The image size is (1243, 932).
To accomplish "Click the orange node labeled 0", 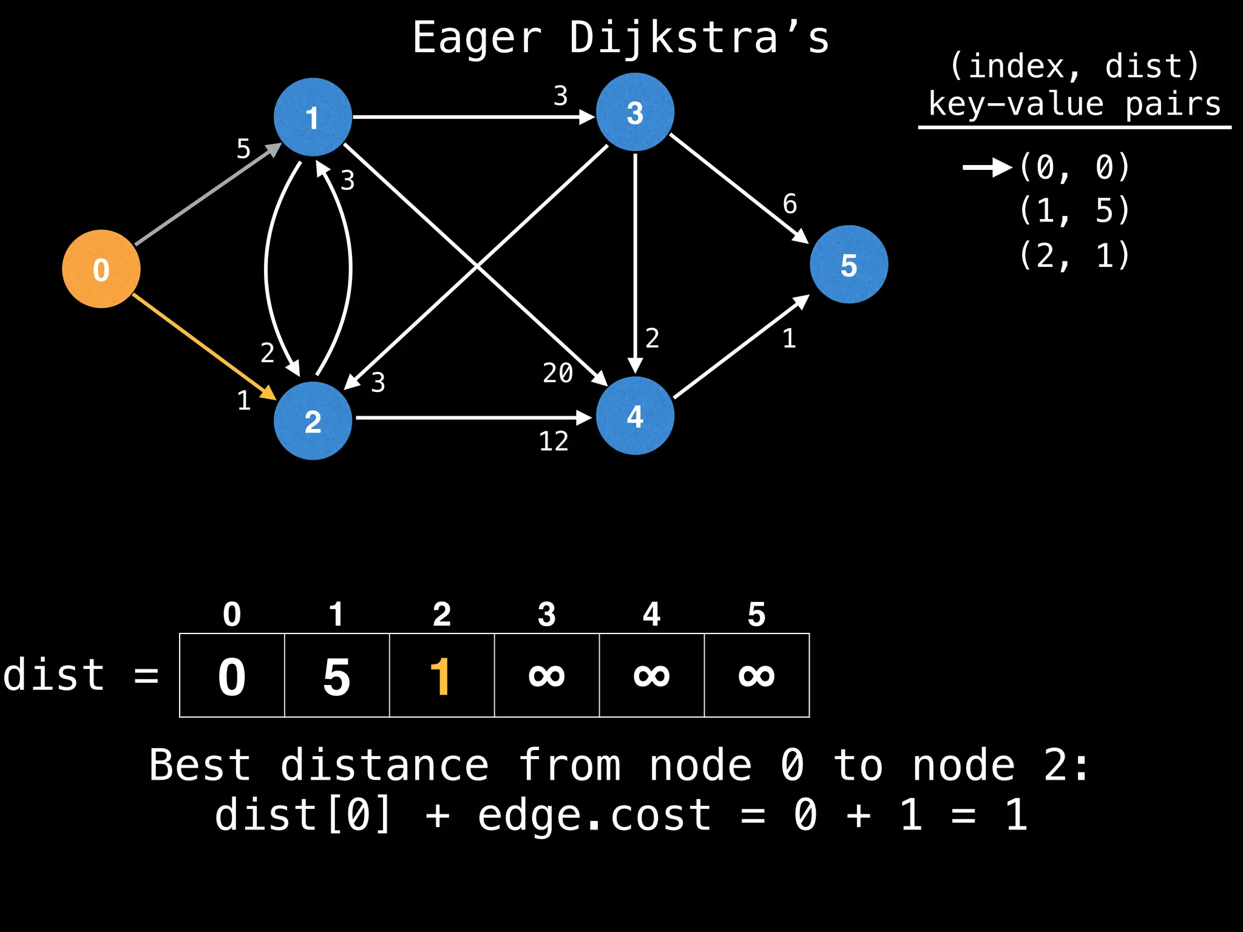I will point(101,269).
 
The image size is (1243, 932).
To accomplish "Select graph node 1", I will point(313,117).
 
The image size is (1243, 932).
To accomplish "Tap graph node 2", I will point(313,420).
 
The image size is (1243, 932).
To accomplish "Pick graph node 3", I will point(635,112).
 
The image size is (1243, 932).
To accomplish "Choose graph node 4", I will point(635,416).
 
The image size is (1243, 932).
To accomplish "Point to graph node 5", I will point(848,265).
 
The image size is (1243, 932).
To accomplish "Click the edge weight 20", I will point(558,373).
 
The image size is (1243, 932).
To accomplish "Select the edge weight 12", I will point(554,441).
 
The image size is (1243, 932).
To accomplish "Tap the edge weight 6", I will point(790,204).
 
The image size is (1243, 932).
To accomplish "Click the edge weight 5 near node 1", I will point(243,149).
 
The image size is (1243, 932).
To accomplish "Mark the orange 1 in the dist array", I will point(441,676).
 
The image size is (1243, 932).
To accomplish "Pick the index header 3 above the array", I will point(546,614).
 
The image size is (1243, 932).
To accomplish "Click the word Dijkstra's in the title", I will point(699,38).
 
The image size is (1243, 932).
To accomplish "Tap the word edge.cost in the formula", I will point(594,815).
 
